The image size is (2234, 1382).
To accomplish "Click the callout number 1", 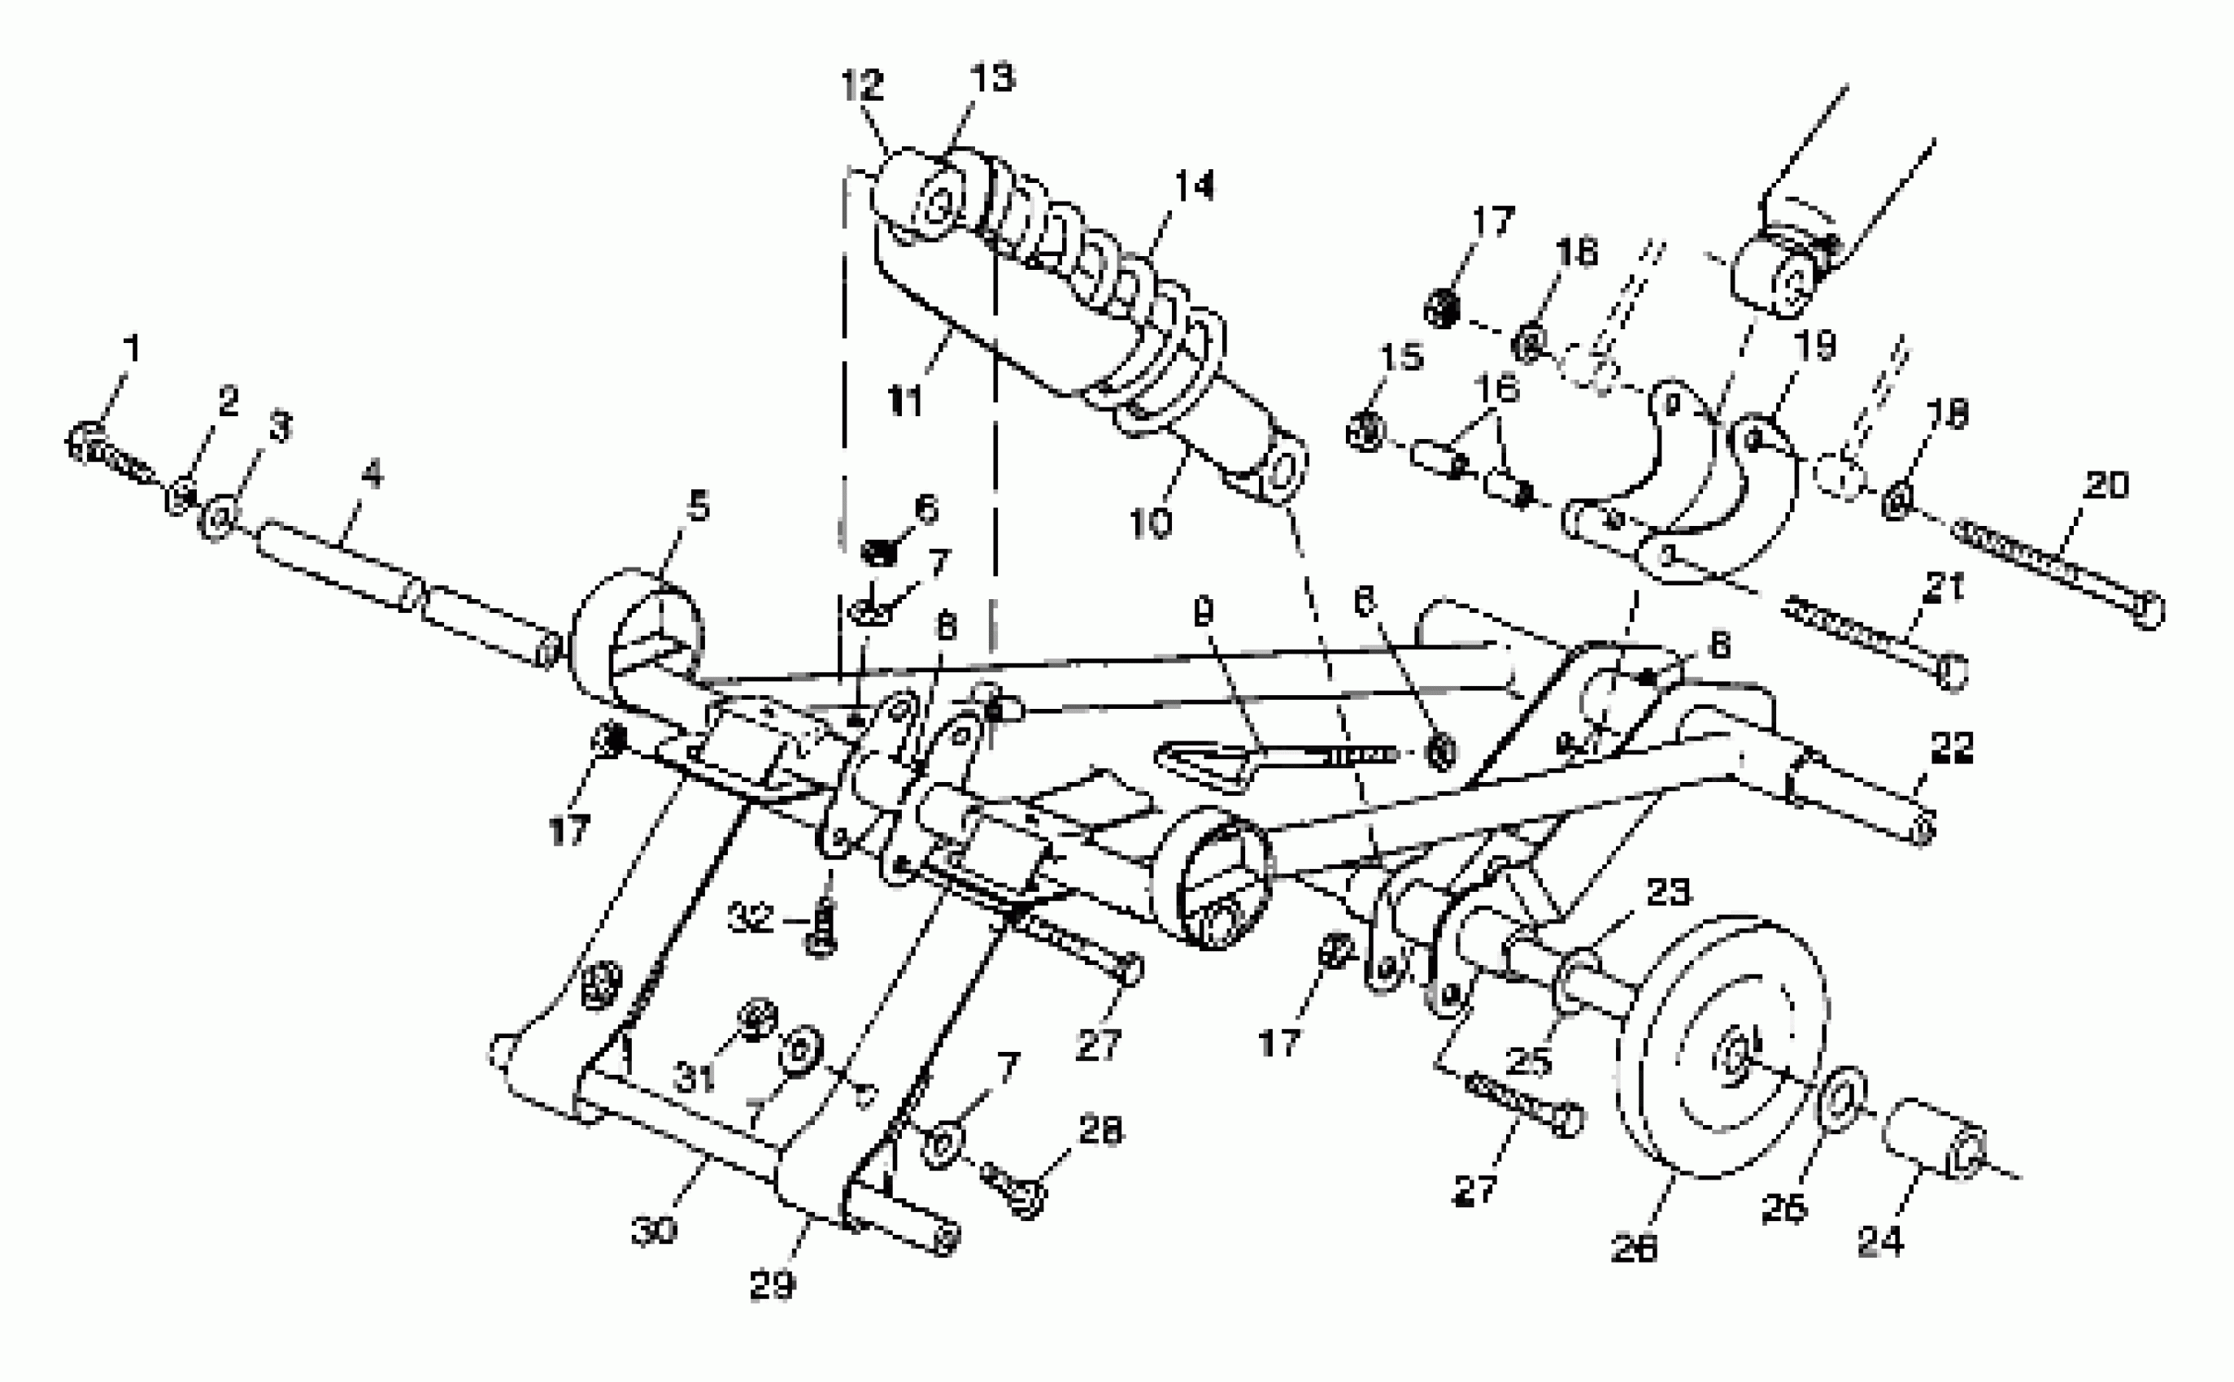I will (x=133, y=348).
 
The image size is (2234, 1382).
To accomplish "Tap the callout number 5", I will (x=699, y=506).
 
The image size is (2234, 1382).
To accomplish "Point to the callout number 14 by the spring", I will (x=1194, y=186).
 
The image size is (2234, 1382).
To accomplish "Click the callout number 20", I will (x=2106, y=485).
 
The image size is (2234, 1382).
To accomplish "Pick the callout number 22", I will (x=1952, y=747).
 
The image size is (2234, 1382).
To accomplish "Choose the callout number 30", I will (x=654, y=1230).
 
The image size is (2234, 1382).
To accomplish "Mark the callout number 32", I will (x=751, y=919).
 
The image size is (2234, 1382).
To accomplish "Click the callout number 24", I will (x=1880, y=1241).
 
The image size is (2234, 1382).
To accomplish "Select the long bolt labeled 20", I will (x=2057, y=571).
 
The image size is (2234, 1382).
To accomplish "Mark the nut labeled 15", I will (x=1366, y=431).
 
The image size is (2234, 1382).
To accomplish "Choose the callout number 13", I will (x=993, y=79).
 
